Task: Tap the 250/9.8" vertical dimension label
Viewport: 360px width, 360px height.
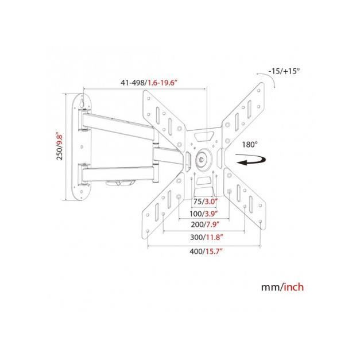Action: (59, 146)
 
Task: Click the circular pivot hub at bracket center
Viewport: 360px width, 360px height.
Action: (203, 156)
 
